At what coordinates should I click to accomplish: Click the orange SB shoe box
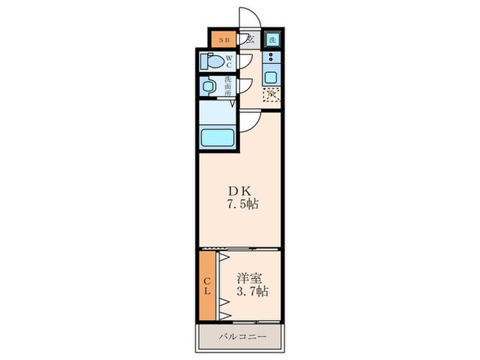point(224,40)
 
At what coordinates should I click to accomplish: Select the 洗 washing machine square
point(273,40)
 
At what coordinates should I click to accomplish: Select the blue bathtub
point(217,136)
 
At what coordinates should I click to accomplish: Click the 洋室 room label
point(250,278)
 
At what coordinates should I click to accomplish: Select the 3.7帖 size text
point(252,292)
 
